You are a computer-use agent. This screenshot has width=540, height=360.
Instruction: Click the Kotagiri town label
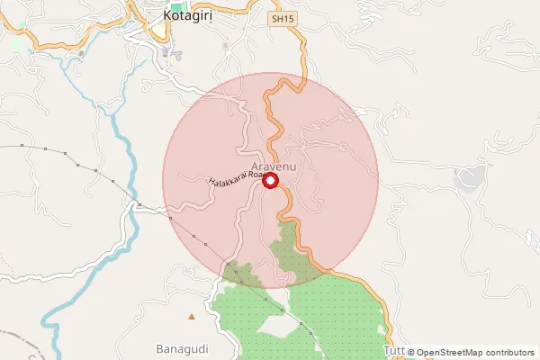click(192, 16)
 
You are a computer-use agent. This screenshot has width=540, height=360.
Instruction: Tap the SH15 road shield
click(283, 18)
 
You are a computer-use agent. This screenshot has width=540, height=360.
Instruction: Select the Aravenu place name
click(274, 167)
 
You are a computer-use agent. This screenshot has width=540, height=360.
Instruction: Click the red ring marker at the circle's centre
click(270, 181)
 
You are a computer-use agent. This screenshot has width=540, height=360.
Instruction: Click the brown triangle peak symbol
click(191, 317)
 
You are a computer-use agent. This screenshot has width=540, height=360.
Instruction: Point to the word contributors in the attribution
click(507, 353)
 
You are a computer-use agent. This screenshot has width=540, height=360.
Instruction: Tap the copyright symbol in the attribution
click(410, 353)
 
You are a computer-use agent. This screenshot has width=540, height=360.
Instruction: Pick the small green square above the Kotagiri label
click(175, 7)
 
